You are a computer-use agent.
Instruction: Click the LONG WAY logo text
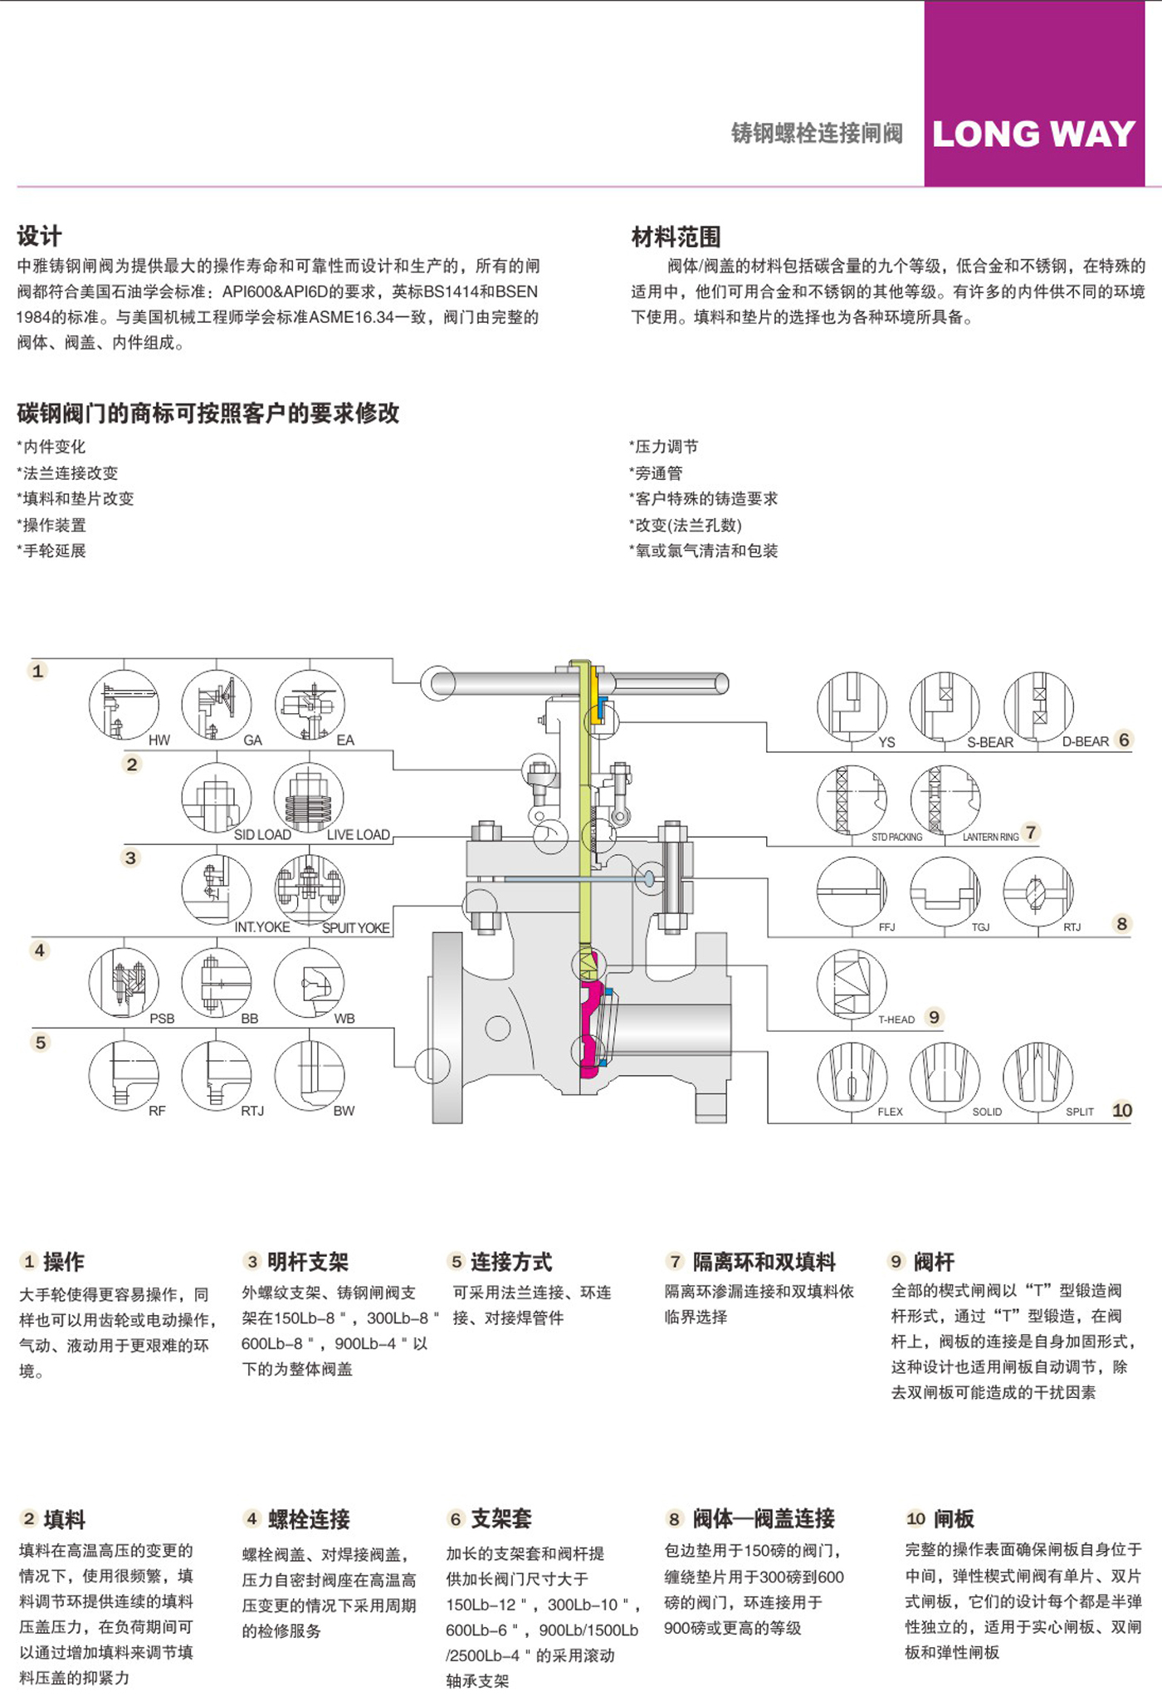click(x=1033, y=134)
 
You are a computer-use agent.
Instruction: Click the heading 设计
click(x=39, y=236)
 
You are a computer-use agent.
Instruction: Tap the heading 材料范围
click(x=676, y=237)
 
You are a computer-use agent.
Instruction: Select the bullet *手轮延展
click(x=51, y=550)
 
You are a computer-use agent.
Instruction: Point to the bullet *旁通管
click(x=656, y=472)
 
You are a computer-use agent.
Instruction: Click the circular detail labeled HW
click(x=124, y=705)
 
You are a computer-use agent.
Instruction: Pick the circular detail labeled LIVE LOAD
click(x=309, y=798)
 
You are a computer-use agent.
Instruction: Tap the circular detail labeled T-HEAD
click(x=852, y=984)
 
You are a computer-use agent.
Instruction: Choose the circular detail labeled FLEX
click(x=852, y=1076)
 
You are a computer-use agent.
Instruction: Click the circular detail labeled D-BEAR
click(x=1038, y=706)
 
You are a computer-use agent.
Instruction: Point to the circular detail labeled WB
click(x=309, y=983)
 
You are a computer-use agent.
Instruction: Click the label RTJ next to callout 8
click(x=1072, y=926)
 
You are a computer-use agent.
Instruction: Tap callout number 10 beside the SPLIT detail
click(x=1122, y=1110)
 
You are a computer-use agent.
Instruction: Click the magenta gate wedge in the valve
click(x=592, y=1029)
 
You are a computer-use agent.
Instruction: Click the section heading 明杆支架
click(x=308, y=1262)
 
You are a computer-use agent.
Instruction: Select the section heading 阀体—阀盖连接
click(x=764, y=1518)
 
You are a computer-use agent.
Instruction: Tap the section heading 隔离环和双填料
click(x=764, y=1262)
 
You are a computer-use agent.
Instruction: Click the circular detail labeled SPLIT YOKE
click(x=310, y=890)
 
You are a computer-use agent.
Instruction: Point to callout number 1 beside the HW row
click(x=37, y=671)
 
